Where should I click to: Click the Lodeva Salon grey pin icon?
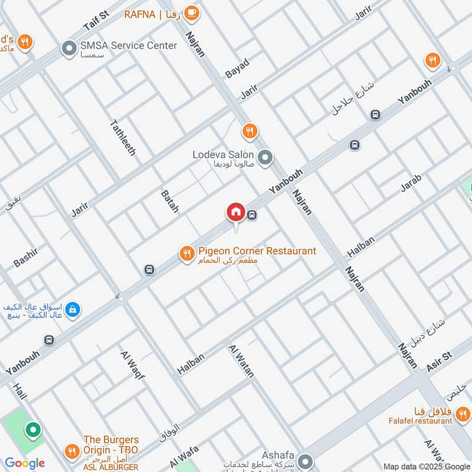point(265,158)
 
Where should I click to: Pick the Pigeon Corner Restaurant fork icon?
point(187,254)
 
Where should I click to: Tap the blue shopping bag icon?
point(73,309)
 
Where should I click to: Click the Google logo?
point(25,463)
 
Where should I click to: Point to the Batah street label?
point(169,201)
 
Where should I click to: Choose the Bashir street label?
point(25,257)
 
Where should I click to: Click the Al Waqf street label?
point(132,364)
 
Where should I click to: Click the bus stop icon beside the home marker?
point(253,215)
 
